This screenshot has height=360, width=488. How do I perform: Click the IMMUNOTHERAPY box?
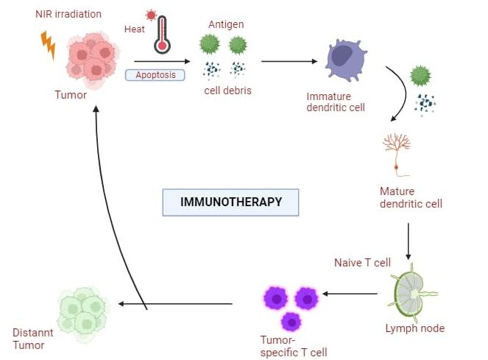(232, 202)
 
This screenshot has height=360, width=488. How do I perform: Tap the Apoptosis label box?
(155, 74)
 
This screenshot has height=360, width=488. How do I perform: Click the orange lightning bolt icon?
(48, 45)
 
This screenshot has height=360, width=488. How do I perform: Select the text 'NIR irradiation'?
(68, 14)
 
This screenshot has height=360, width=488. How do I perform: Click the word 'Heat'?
(134, 29)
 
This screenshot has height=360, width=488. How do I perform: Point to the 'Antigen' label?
(226, 24)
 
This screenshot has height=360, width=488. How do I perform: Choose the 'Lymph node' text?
(415, 328)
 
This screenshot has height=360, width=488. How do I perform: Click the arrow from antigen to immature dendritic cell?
(283, 61)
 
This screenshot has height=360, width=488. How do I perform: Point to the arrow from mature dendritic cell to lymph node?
(408, 237)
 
